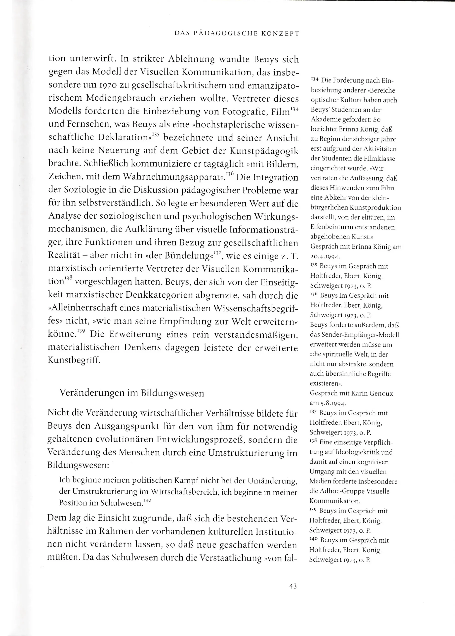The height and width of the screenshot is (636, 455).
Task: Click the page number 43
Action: [x=293, y=586]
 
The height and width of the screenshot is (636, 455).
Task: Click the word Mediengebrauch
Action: [x=121, y=98]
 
